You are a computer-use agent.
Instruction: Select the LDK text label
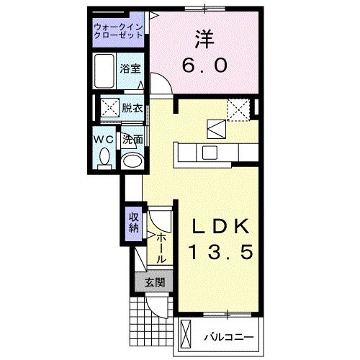(220, 228)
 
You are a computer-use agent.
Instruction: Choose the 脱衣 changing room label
(132, 109)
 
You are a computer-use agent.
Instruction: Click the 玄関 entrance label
(152, 282)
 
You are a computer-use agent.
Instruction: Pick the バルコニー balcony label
(227, 337)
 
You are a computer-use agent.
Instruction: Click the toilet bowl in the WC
(104, 156)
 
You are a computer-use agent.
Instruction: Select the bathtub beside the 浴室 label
(105, 71)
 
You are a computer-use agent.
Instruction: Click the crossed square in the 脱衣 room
(110, 110)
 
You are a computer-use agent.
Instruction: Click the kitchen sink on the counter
(210, 152)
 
